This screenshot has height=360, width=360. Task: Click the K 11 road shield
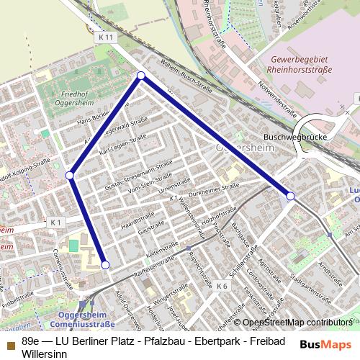[106, 36]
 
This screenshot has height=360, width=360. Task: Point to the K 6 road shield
[222, 286]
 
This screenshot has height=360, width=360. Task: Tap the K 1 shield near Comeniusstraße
[56, 224]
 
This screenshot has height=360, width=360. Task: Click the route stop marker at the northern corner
[141, 76]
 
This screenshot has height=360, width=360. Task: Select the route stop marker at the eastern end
[290, 196]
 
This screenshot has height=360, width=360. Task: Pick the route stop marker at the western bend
[70, 175]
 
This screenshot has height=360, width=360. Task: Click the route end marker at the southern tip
[105, 265]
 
